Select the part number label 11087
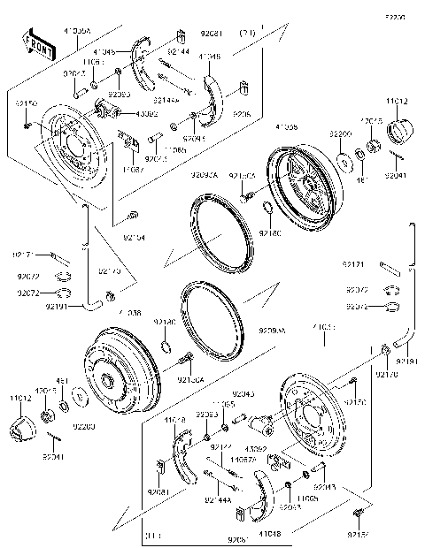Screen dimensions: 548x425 133,168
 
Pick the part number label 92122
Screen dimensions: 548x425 220,447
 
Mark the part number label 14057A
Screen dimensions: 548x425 243,459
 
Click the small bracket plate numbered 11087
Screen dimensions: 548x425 130,142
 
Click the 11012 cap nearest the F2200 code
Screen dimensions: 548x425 398,133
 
